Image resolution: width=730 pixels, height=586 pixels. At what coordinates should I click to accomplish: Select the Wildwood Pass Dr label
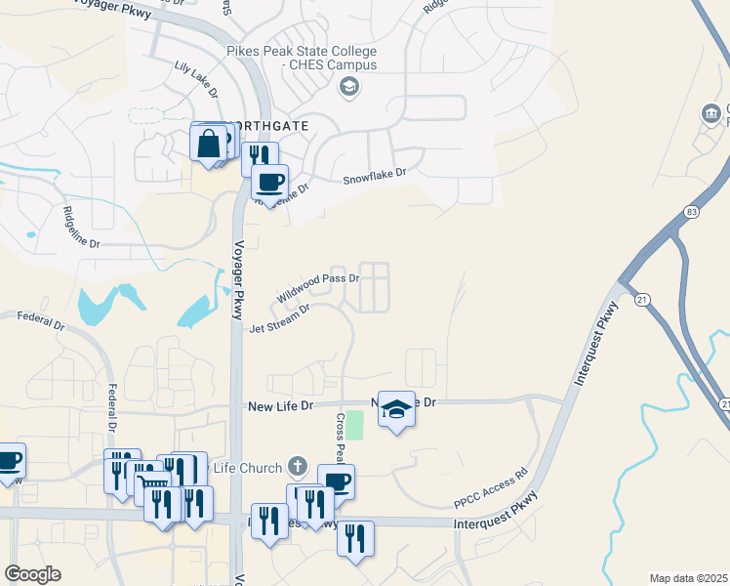point(318,286)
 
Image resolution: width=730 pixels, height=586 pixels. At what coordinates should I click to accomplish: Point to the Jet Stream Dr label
point(279,317)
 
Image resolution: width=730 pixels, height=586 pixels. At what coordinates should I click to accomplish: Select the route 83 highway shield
point(691,212)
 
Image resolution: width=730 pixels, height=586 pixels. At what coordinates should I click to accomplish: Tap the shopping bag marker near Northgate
point(209,144)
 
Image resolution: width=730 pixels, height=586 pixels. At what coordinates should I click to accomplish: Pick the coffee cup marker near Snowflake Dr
point(269,181)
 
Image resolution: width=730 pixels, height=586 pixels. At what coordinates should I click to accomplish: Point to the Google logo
point(32,574)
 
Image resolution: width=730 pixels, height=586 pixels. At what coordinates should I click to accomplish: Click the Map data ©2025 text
point(688,578)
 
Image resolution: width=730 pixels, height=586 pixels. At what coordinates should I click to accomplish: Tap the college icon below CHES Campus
point(347,88)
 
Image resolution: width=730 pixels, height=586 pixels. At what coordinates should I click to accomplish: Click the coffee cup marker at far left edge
point(8,460)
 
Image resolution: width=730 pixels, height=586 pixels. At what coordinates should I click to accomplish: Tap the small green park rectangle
point(355,425)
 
